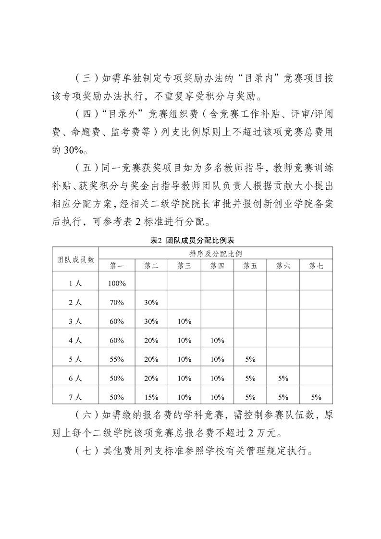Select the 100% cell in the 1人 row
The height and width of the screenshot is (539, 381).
coord(117,283)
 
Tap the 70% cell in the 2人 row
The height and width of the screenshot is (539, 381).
coord(117,302)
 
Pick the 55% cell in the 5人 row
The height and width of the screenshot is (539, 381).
coord(117,359)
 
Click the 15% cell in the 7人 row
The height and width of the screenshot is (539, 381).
coord(151,397)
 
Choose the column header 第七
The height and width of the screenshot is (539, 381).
coord(316,265)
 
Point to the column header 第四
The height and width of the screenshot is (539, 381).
coord(217,265)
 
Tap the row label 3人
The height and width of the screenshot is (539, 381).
coord(75,321)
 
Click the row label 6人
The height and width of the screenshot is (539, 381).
coord(75,378)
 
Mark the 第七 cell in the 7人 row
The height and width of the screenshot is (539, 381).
coord(316,397)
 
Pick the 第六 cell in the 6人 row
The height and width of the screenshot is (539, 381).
coord(283,378)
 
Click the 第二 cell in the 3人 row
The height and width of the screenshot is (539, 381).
coord(151,321)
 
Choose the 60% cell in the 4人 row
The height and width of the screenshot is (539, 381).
coord(117,340)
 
